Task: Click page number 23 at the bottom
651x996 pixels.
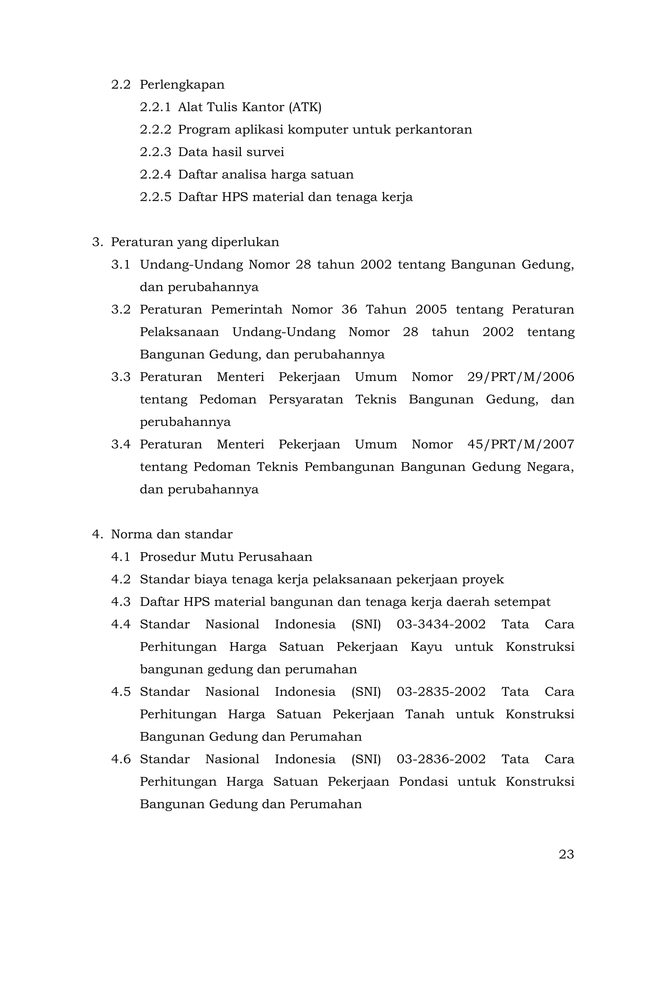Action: coord(566,854)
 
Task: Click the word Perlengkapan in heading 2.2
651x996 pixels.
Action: coord(182,85)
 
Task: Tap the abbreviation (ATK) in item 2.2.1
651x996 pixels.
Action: coord(305,107)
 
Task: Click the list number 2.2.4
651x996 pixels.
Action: coord(155,175)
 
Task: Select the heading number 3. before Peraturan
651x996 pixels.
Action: coord(97,242)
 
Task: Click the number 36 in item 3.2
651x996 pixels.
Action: coord(349,310)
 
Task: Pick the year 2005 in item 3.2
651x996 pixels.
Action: coord(431,310)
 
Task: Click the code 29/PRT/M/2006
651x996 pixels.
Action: coord(520,377)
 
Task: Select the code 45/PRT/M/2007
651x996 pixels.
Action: coord(520,445)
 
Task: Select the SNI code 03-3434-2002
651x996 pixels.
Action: coord(441,624)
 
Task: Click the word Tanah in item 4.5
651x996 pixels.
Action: coord(425,714)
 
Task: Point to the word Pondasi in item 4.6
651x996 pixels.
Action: coord(423,781)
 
